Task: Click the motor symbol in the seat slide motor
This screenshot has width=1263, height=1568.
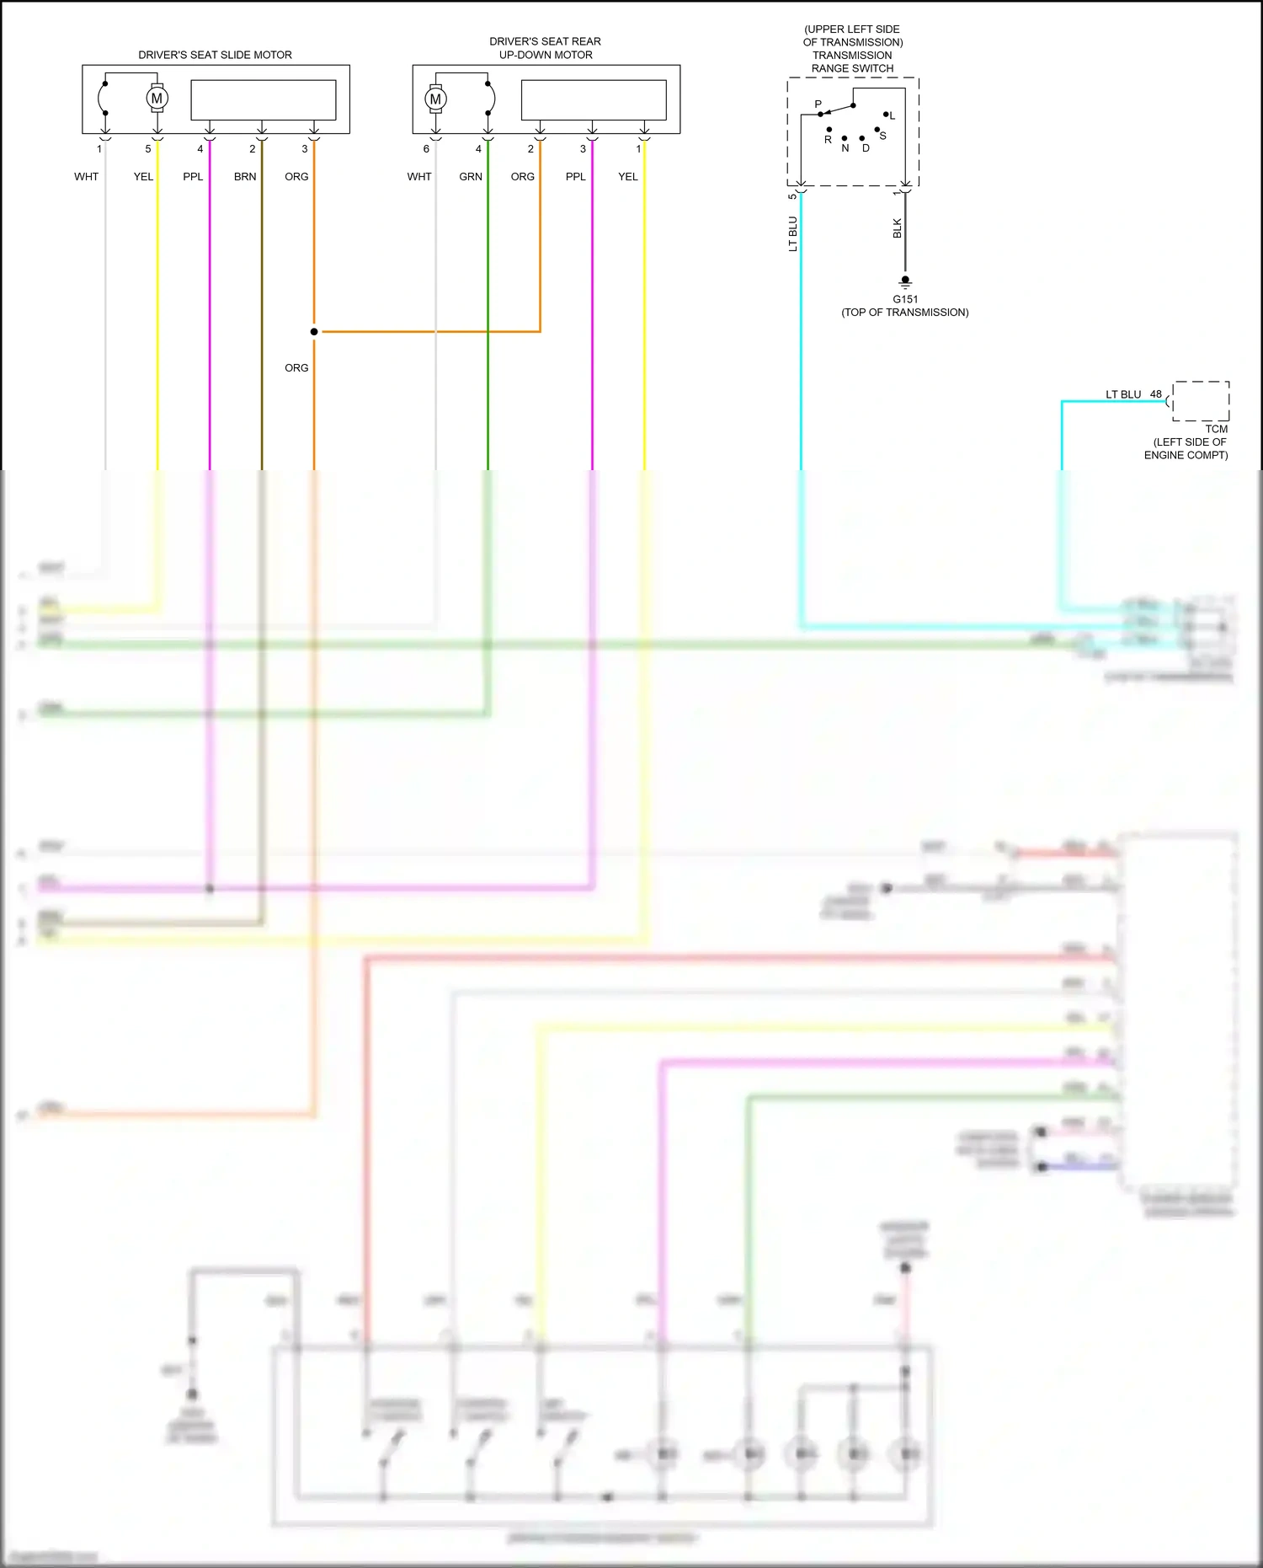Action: click(157, 99)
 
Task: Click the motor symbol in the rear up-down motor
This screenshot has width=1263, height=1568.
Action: click(435, 99)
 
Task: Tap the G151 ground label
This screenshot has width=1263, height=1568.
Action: click(905, 299)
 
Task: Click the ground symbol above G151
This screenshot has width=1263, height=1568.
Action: click(905, 281)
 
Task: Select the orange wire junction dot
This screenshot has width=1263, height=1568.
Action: click(314, 332)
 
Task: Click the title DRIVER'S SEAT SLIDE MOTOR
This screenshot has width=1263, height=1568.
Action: click(215, 55)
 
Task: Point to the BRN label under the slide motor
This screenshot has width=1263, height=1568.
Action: click(245, 177)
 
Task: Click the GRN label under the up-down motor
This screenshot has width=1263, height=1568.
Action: click(471, 177)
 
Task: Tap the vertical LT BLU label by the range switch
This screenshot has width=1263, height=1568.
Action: click(792, 233)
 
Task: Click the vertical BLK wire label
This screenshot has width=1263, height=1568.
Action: click(898, 228)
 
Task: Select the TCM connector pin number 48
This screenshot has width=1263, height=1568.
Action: click(1156, 394)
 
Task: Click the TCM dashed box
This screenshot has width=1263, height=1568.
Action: click(1201, 401)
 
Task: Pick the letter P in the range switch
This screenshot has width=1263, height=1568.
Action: click(818, 104)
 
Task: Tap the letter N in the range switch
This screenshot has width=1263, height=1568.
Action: click(845, 148)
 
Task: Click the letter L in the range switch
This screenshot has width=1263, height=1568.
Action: click(893, 116)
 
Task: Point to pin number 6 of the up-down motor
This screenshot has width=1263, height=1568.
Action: click(426, 149)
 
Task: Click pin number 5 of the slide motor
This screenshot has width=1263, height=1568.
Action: click(148, 149)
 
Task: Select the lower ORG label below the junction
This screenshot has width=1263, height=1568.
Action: click(296, 368)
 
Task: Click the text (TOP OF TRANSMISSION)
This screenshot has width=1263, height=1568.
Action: click(905, 313)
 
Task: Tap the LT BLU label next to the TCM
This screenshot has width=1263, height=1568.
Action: click(1123, 394)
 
